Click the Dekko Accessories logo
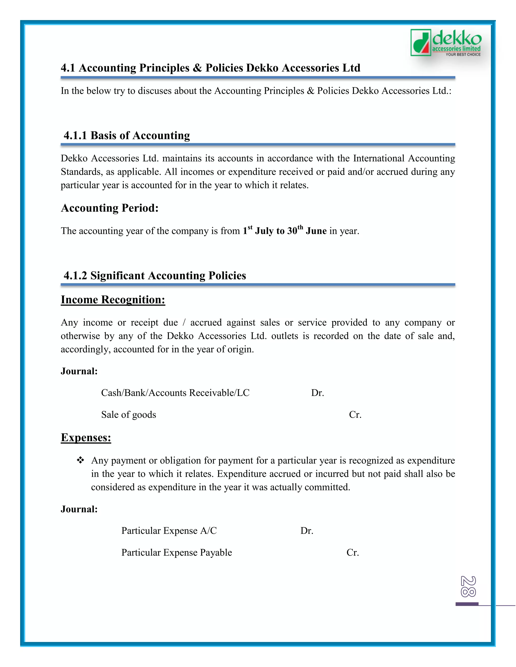point(446,43)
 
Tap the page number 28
point(468,586)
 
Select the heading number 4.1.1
point(75,135)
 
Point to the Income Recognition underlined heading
point(113,300)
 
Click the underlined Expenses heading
point(86,437)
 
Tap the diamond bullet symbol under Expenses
point(80,460)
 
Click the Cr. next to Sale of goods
point(355,415)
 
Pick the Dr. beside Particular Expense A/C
point(307,531)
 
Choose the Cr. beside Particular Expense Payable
point(352,552)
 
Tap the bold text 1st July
point(258,231)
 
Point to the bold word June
point(316,231)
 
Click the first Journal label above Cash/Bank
point(79,371)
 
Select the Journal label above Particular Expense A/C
point(79,509)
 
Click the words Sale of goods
point(128,415)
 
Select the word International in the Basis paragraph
point(379,158)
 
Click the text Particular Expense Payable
point(176,552)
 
